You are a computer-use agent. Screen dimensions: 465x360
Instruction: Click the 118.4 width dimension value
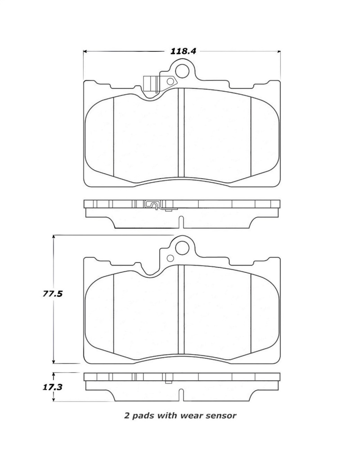(x=183, y=51)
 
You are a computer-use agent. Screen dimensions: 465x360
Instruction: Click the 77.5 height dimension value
(x=53, y=294)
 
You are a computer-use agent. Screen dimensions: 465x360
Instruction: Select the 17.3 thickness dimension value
(x=53, y=387)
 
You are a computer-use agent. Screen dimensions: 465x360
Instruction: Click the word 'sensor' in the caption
(x=221, y=415)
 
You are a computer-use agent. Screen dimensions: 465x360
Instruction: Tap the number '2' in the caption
(x=126, y=415)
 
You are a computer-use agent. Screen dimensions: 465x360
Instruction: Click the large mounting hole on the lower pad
(x=182, y=247)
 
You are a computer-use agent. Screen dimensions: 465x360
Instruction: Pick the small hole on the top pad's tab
(x=171, y=82)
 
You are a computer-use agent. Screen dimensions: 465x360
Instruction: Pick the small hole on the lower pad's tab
(x=171, y=258)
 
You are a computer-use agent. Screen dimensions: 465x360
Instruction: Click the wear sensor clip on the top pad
(x=150, y=85)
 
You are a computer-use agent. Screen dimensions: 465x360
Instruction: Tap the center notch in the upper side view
(x=181, y=222)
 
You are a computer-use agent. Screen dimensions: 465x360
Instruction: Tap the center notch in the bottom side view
(x=181, y=395)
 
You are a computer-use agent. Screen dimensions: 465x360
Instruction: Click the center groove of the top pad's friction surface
(x=181, y=135)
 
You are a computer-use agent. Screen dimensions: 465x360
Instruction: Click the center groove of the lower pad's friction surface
(x=181, y=311)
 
